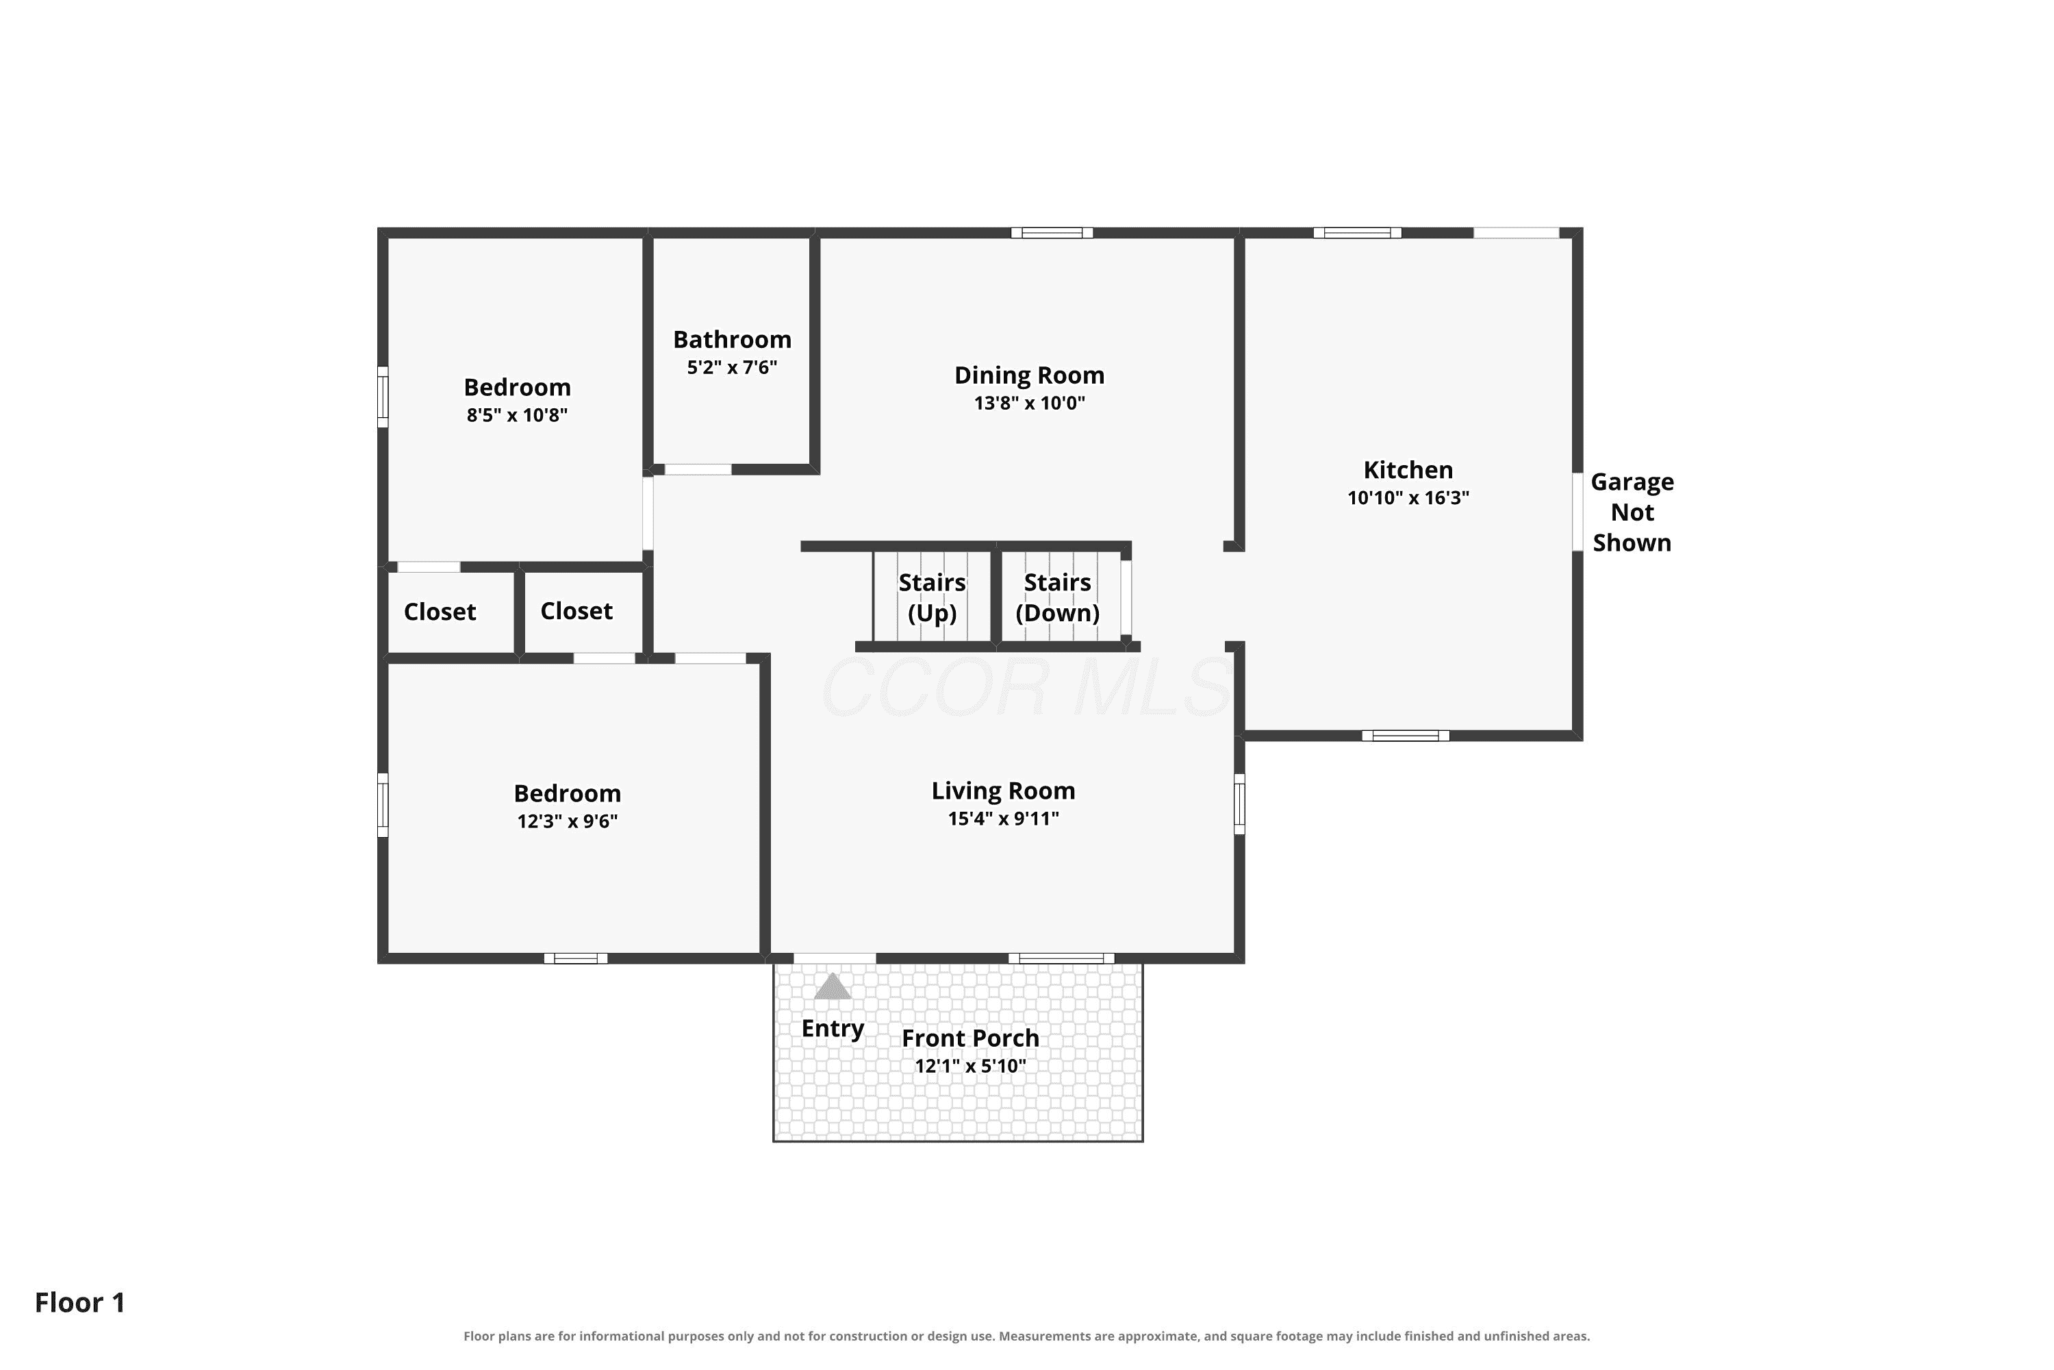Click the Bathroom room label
732,339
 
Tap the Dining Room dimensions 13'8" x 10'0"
1030,403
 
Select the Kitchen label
1408,470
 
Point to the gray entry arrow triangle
833,986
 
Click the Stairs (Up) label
932,597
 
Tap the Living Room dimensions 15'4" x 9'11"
1004,819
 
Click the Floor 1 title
80,1303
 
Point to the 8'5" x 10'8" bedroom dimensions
517,415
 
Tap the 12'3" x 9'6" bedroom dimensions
568,821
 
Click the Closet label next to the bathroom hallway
576,611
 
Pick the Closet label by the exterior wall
440,612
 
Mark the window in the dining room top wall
1052,232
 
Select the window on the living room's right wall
1239,804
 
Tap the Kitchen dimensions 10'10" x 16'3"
1408,498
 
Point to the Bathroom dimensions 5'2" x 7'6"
732,367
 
